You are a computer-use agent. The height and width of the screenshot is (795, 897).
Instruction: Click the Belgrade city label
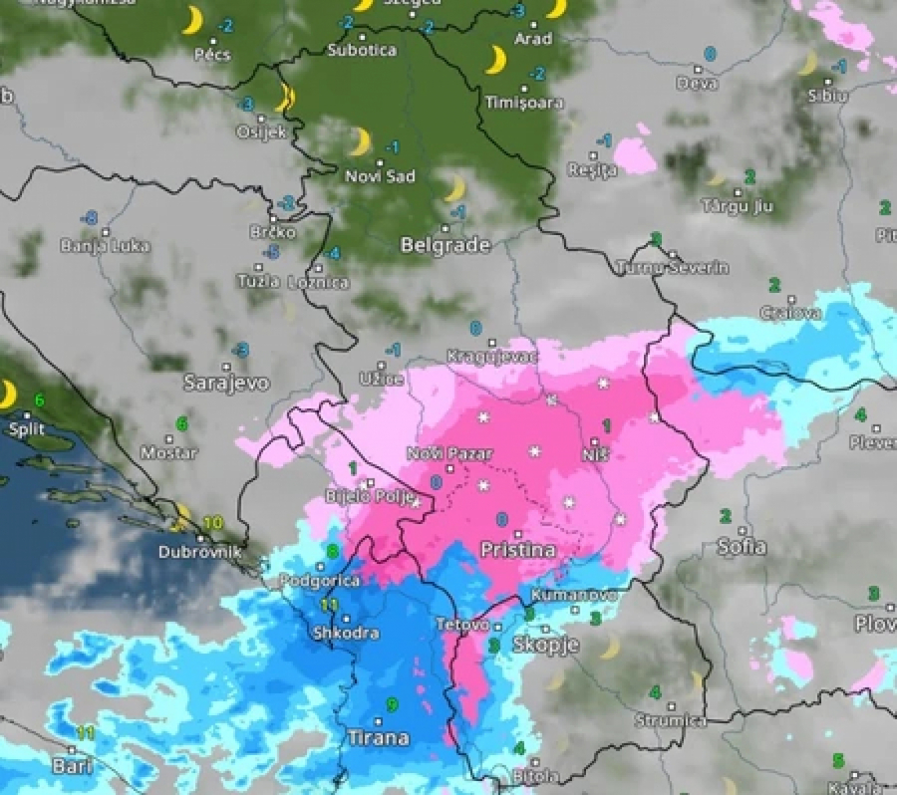[x=446, y=245]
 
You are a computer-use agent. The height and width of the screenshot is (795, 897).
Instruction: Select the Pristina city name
[x=517, y=550]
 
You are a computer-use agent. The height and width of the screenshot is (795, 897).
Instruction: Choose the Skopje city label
[x=545, y=645]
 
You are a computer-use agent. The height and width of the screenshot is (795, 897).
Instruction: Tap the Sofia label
[x=743, y=546]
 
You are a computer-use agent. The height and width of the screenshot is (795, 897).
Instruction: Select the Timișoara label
[x=523, y=103]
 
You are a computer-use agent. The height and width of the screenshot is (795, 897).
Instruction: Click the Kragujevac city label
[x=492, y=356]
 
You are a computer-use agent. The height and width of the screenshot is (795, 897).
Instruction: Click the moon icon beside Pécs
[x=192, y=21]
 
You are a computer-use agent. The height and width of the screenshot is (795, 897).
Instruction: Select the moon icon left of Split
[x=7, y=395]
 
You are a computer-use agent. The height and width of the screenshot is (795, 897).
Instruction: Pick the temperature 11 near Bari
[x=85, y=733]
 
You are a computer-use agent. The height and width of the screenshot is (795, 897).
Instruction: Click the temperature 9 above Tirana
[x=393, y=705]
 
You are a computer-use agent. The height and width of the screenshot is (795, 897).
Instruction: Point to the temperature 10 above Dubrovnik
[x=212, y=523]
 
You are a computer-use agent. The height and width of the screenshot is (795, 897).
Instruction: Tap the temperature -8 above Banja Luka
[x=91, y=218]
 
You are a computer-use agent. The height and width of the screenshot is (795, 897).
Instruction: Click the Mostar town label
[x=169, y=452]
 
